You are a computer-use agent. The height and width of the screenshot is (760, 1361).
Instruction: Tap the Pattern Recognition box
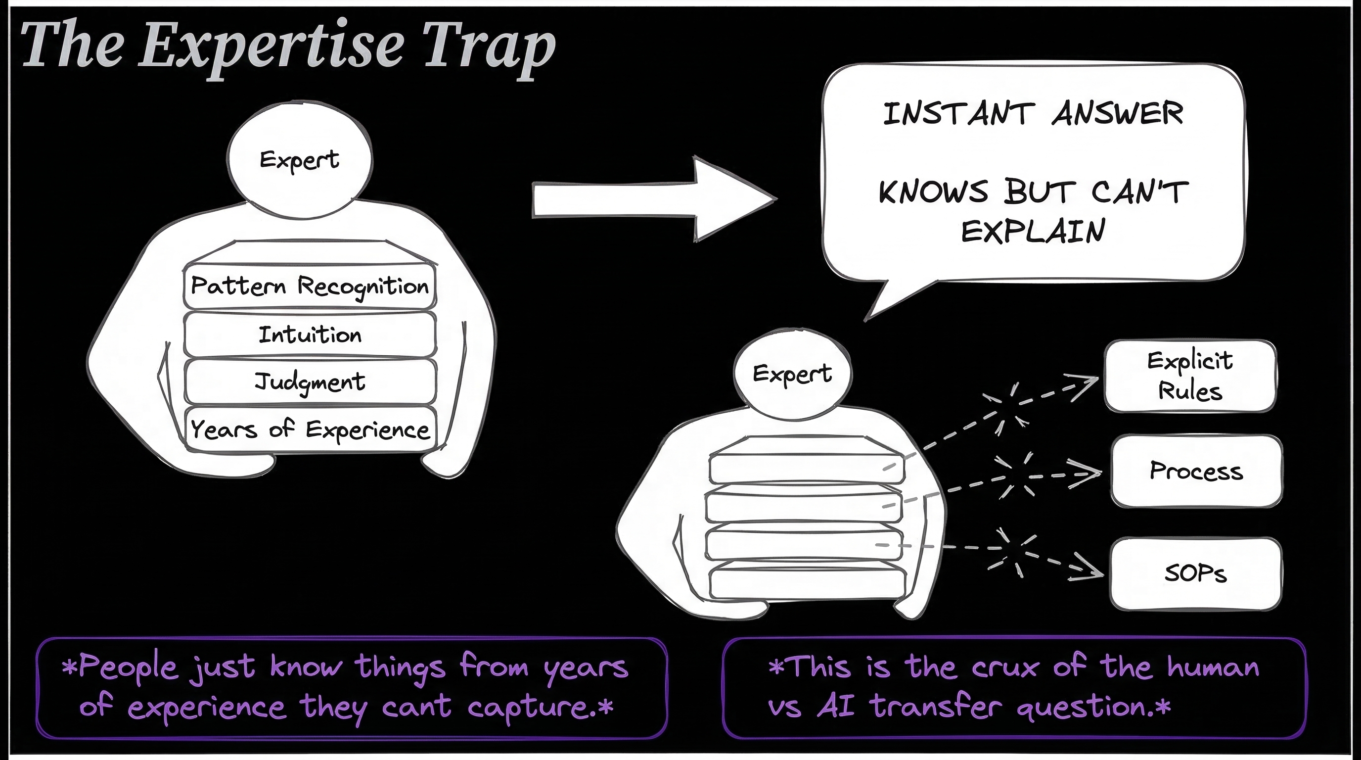pos(310,286)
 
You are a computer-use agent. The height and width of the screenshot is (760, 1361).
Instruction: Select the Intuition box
pos(310,334)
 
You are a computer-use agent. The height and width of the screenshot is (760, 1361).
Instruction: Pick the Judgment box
pos(310,381)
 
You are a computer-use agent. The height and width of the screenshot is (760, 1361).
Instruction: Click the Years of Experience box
pos(310,428)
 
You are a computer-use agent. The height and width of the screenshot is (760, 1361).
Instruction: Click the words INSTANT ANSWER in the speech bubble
pos(1033,114)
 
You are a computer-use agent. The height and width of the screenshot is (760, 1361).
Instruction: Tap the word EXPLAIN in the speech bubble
pos(1033,231)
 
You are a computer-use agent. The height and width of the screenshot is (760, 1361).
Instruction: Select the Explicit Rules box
pos(1190,376)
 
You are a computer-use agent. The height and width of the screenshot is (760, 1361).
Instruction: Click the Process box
pos(1196,471)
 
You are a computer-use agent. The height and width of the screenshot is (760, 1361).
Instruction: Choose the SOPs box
pos(1196,573)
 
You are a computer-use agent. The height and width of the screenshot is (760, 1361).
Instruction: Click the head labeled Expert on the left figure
pos(300,160)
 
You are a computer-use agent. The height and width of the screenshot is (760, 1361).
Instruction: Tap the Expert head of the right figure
pos(792,374)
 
